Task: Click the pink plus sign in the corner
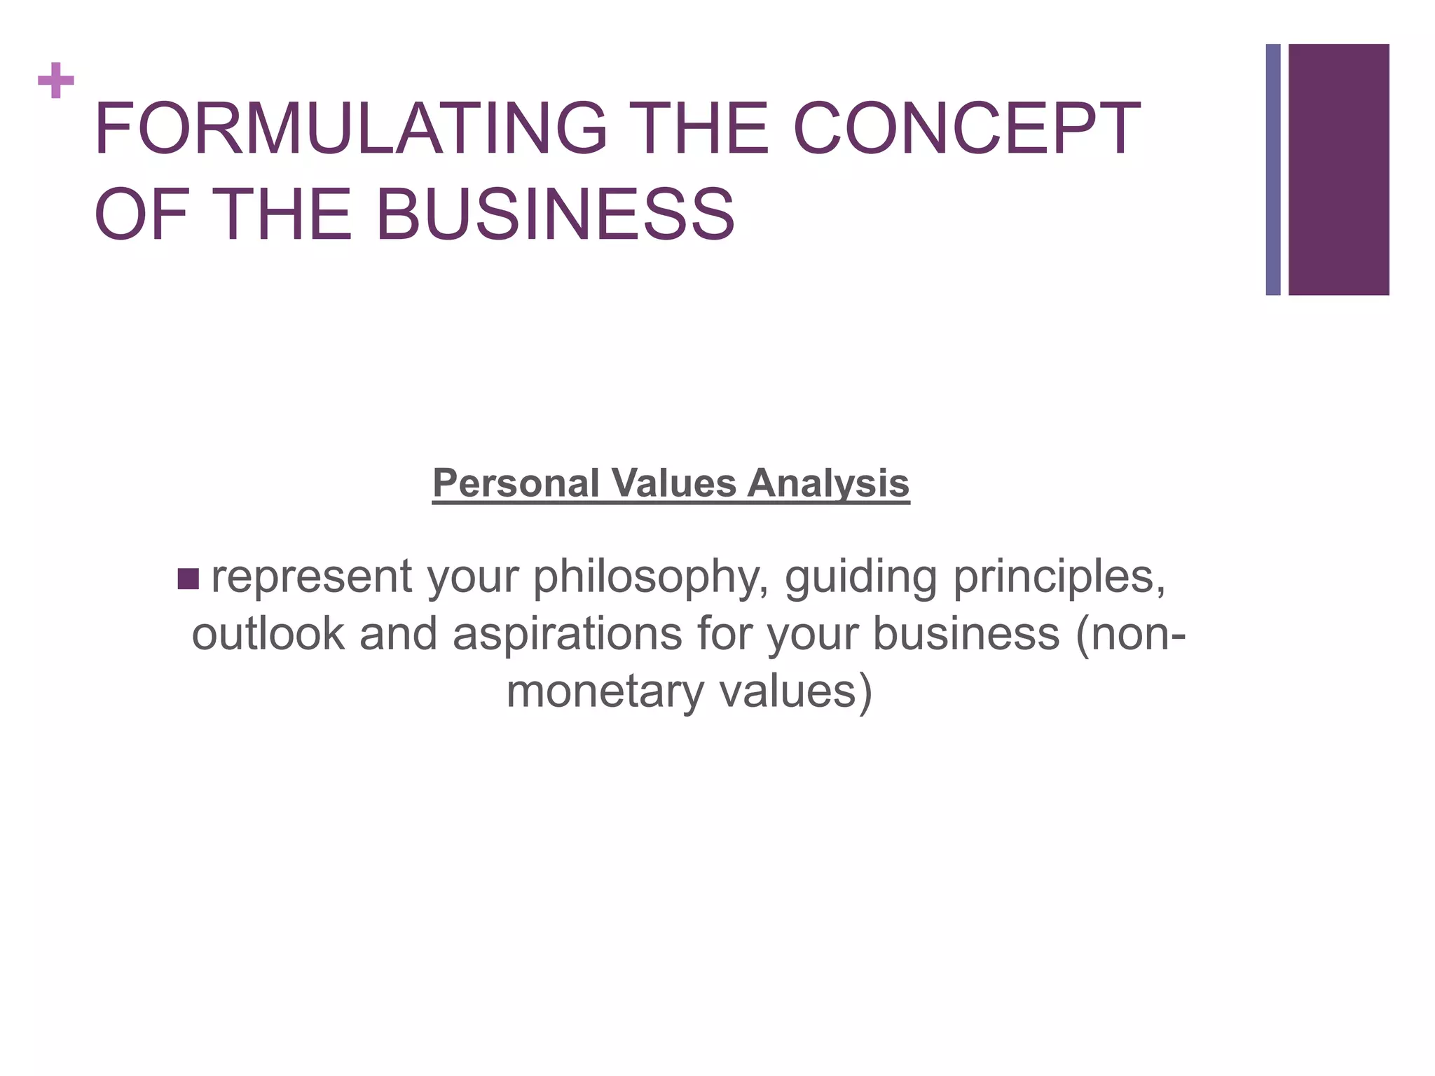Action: [56, 81]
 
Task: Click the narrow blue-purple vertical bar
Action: [1273, 170]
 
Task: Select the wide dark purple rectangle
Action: [1339, 170]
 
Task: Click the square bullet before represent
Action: [188, 579]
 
